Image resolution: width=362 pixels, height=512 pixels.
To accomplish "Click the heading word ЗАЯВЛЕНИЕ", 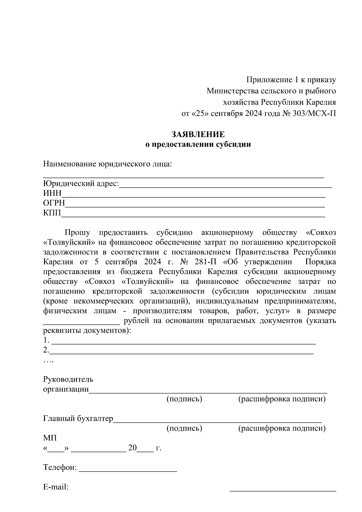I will point(198,134).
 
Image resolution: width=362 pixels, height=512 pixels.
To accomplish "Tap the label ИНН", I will point(52,193).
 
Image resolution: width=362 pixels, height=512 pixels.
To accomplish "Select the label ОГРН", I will point(54,203).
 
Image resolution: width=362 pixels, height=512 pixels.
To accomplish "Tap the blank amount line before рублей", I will point(81,322).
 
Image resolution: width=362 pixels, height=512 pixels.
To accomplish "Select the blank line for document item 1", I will point(184,343).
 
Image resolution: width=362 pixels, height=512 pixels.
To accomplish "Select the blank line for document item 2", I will point(181,352).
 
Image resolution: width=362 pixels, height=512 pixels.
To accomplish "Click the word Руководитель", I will point(68,379).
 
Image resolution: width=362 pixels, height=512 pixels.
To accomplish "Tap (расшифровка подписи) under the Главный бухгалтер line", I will point(282,428).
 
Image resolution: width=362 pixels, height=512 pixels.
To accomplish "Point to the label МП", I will point(50,438).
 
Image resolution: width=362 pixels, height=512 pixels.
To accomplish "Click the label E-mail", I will point(56,487).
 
